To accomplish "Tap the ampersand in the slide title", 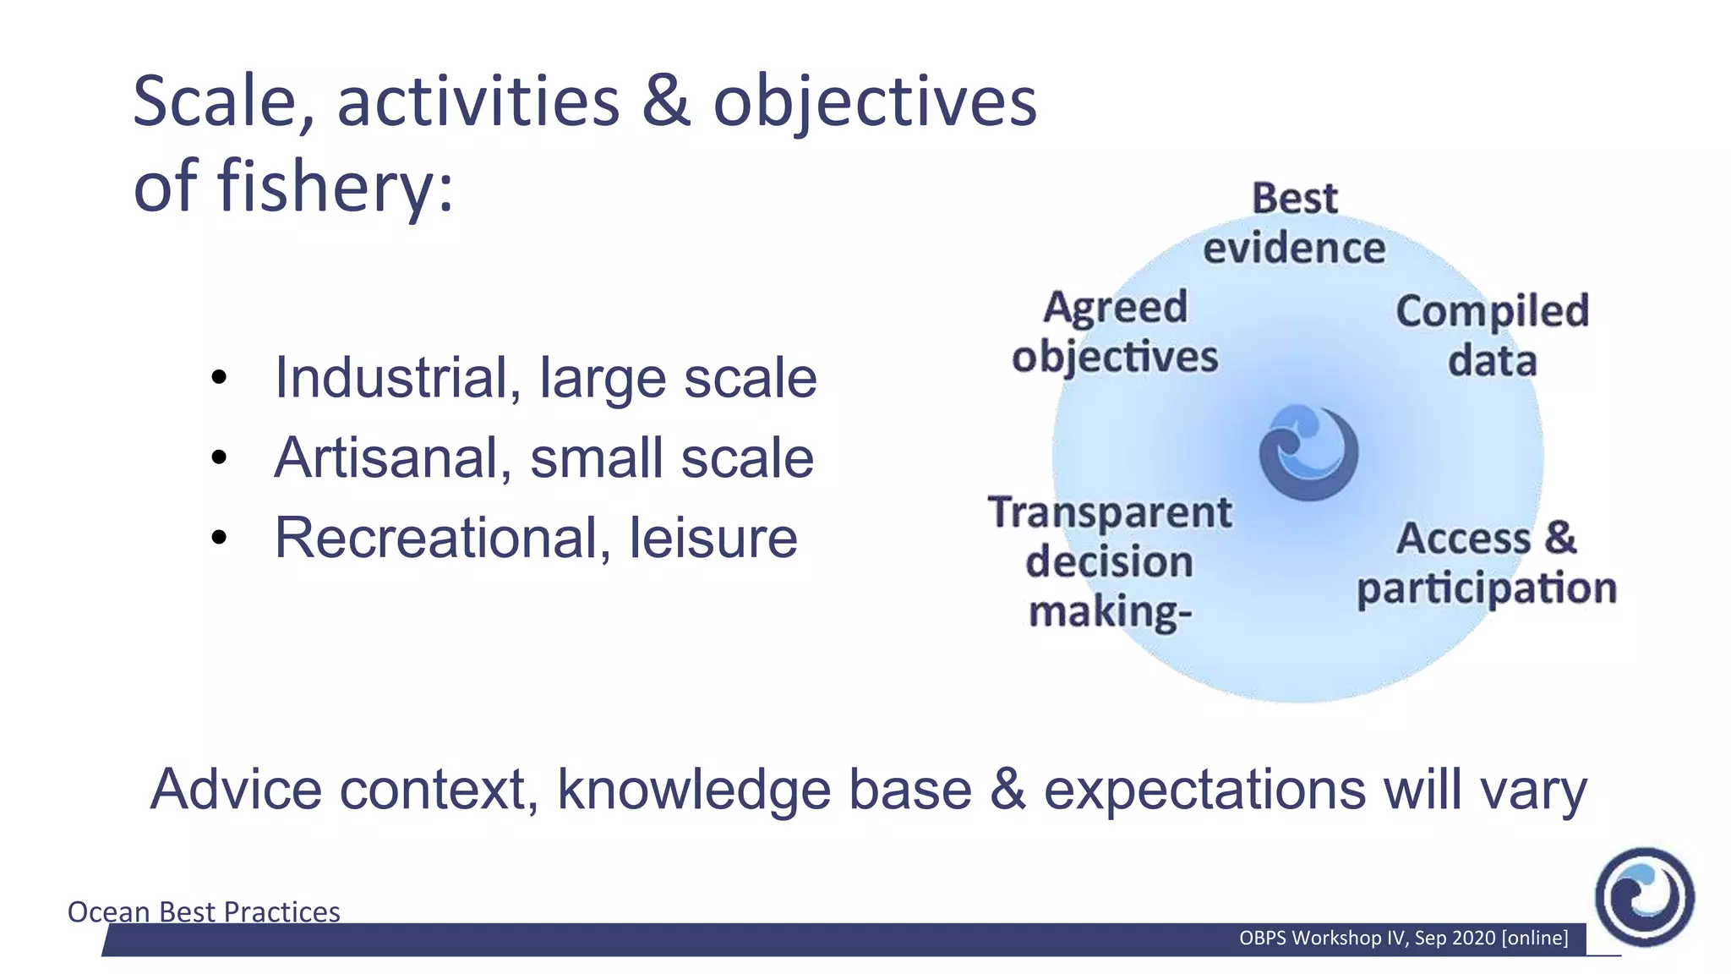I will pos(666,102).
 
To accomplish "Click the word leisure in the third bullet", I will pos(713,538).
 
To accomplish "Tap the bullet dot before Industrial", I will pos(220,378).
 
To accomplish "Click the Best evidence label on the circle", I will pos(1294,223).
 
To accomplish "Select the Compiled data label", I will pos(1493,336).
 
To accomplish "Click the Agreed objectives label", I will pos(1116,331).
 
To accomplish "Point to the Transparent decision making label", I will pos(1110,561).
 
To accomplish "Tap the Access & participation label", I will pos(1487,563).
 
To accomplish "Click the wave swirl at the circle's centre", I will pos(1308,452).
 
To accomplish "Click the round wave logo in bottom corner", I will pos(1644,897).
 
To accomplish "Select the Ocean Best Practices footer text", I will pos(204,911).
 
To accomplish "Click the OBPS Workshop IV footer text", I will pos(1403,938).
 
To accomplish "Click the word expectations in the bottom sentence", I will pos(1204,790).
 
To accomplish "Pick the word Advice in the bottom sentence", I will pos(237,790).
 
